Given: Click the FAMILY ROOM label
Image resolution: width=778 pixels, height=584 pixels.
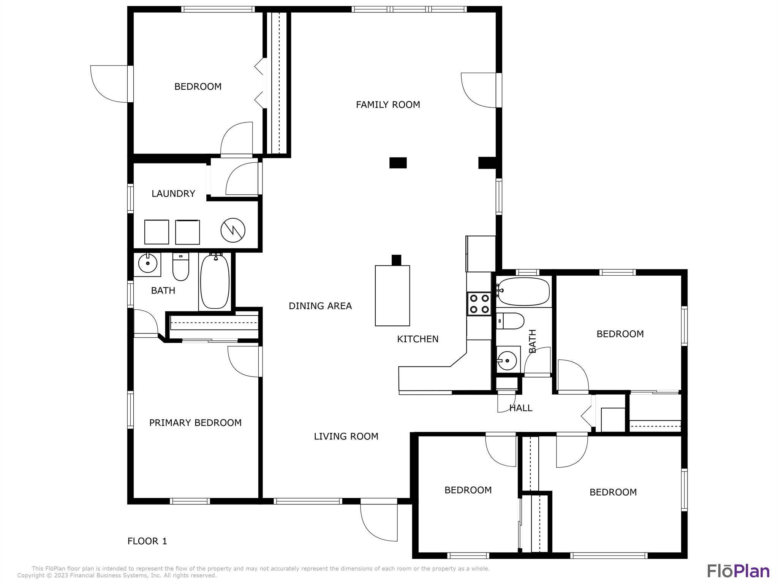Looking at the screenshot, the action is tap(388, 105).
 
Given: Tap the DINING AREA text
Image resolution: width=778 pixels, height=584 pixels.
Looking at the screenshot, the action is tap(320, 306).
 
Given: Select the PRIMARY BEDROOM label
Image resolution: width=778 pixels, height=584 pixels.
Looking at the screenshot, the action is tap(195, 423).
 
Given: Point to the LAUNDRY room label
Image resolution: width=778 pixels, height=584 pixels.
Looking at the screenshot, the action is tap(173, 194).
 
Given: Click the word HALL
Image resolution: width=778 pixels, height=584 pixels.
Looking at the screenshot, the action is tap(521, 408).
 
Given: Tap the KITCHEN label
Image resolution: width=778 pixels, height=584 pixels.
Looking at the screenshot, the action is tap(418, 339).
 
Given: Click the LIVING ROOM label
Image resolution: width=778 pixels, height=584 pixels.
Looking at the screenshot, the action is tap(346, 436).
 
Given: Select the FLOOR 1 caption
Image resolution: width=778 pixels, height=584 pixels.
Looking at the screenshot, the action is tap(147, 541).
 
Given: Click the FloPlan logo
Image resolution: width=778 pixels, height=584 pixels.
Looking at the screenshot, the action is tap(738, 571).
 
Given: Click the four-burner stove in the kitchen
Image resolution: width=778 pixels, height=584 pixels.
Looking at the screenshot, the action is tap(479, 303).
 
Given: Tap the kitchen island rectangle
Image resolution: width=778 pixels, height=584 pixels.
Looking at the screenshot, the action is tap(392, 295).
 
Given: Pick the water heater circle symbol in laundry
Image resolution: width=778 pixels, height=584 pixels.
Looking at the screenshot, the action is tap(233, 230).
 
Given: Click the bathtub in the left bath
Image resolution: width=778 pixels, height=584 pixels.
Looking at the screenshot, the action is tap(215, 281).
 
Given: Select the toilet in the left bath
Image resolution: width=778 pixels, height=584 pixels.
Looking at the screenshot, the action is tap(181, 267).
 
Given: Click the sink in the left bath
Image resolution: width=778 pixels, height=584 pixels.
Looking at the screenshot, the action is tap(147, 263).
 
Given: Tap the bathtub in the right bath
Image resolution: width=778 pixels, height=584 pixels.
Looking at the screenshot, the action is tap(523, 292).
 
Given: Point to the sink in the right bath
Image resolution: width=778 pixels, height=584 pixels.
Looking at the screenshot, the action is tap(508, 359).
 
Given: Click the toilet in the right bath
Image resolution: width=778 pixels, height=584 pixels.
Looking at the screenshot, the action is tap(510, 321).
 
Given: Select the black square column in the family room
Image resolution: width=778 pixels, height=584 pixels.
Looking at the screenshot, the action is tap(398, 163).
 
